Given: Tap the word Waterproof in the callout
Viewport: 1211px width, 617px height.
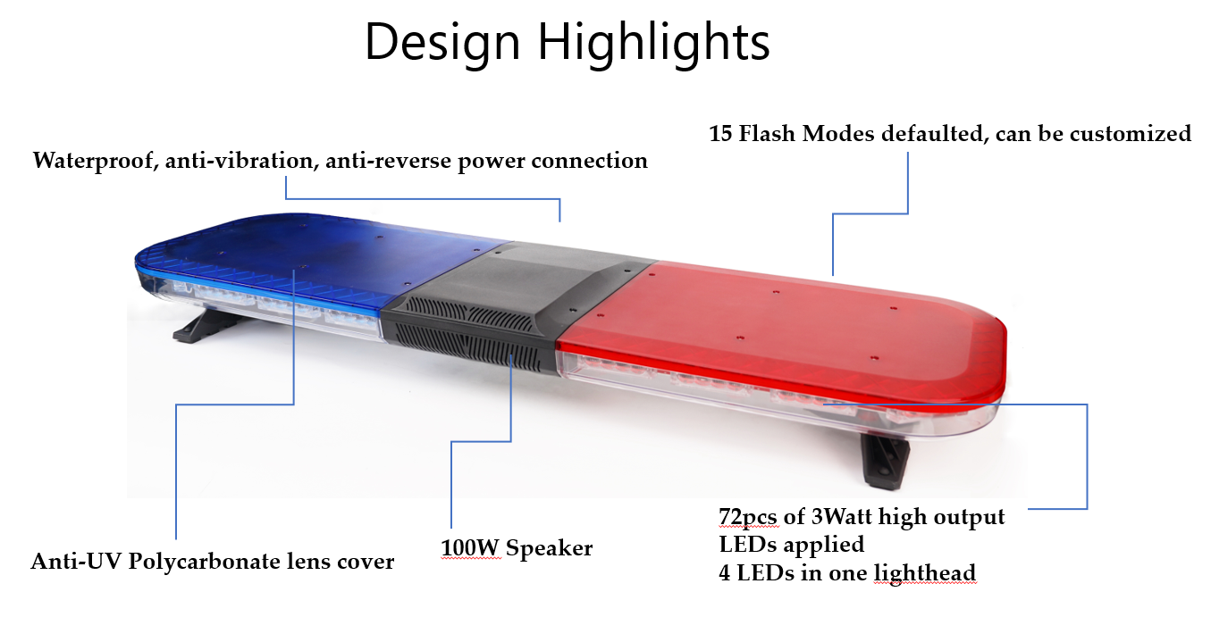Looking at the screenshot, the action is [x=95, y=161].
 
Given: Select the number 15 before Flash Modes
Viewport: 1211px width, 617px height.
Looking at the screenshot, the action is [x=720, y=133].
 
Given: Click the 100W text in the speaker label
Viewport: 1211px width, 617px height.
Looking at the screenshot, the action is [x=470, y=548].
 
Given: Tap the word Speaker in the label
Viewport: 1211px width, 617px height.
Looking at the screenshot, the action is [x=550, y=549].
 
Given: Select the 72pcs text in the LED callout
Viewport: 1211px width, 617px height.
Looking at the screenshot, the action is [x=749, y=517].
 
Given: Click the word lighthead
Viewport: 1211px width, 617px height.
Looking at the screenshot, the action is [x=925, y=573].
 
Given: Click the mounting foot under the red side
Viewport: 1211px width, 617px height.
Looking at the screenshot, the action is [x=884, y=459].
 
